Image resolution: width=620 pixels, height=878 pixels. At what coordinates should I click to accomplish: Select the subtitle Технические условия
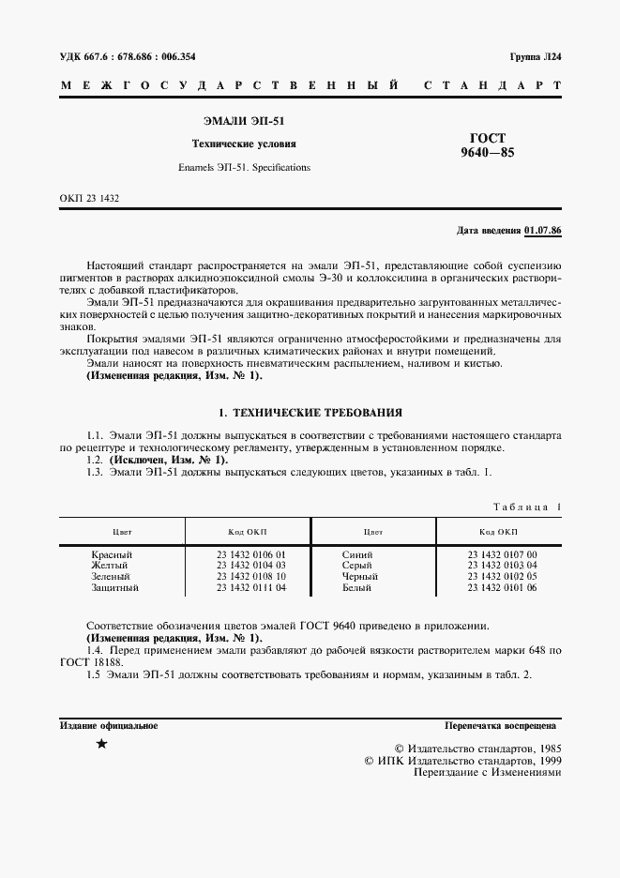[x=244, y=144]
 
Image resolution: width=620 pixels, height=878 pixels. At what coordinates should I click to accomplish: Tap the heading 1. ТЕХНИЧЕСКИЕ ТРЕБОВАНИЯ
[x=310, y=411]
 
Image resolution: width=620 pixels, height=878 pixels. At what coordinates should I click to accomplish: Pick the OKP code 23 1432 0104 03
[x=250, y=566]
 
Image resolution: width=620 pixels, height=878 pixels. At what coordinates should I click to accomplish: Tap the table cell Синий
[x=357, y=554]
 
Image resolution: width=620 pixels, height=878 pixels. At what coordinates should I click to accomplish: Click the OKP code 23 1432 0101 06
[x=502, y=587]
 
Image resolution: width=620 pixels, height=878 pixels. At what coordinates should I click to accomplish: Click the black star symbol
[x=101, y=744]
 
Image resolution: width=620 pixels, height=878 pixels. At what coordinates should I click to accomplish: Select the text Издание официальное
[x=109, y=726]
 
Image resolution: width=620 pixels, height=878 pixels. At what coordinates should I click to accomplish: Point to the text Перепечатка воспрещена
[x=501, y=726]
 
